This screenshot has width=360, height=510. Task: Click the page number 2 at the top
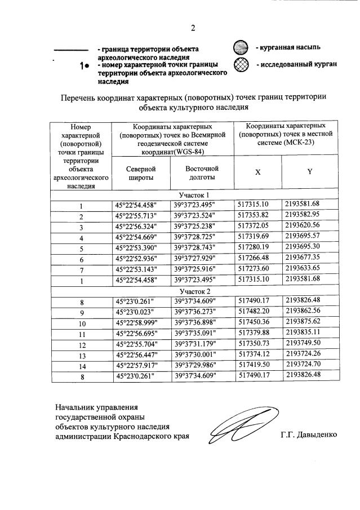pyautogui.click(x=192, y=28)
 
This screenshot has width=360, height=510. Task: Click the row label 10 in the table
pyautogui.click(x=81, y=324)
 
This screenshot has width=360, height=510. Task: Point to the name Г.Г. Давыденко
pyautogui.click(x=308, y=435)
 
